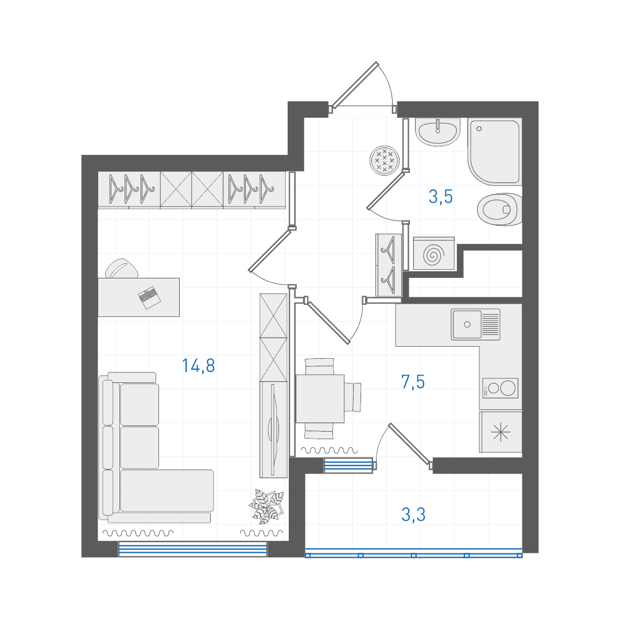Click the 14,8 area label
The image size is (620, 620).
pyautogui.click(x=198, y=366)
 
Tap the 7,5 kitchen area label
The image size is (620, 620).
pyautogui.click(x=413, y=382)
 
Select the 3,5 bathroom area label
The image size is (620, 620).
pyautogui.click(x=440, y=196)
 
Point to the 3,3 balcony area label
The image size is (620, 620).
pyautogui.click(x=413, y=515)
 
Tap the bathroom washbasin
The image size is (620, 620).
pyautogui.click(x=437, y=131)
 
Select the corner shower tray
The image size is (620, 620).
pyautogui.click(x=495, y=152)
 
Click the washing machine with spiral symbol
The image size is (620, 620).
pyautogui.click(x=434, y=254)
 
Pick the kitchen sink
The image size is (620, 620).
pyautogui.click(x=476, y=324)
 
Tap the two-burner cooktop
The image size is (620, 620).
pyautogui.click(x=500, y=388)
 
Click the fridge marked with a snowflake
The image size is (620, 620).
pyautogui.click(x=501, y=432)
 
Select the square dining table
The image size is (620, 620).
pyautogui.click(x=320, y=398)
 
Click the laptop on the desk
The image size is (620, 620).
pyautogui.click(x=149, y=297)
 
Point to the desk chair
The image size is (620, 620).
pyautogui.click(x=121, y=269)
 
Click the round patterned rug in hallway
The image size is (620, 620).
pyautogui.click(x=384, y=161)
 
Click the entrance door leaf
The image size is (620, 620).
pyautogui.click(x=355, y=85)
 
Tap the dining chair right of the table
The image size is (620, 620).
pyautogui.click(x=352, y=397)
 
